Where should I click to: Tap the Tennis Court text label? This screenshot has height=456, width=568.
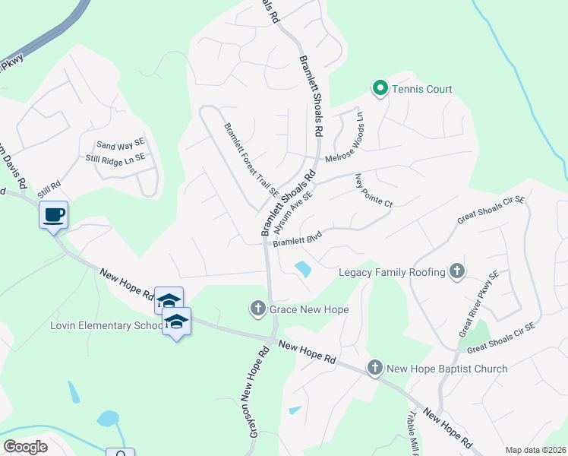click(422, 90)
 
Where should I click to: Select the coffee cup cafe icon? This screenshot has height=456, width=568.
click(53, 215)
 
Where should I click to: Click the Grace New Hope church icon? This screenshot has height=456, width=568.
click(257, 309)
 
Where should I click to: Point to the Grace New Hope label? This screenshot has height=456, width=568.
click(308, 309)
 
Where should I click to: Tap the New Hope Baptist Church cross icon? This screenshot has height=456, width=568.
click(374, 369)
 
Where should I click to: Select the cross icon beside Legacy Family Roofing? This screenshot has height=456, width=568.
click(456, 271)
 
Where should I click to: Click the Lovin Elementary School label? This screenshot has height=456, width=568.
click(106, 326)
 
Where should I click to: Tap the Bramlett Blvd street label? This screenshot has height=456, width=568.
click(298, 239)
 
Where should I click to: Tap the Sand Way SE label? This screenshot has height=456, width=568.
click(119, 144)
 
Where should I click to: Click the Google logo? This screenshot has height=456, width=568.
click(25, 447)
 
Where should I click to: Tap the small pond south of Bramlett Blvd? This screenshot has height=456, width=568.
click(302, 269)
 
